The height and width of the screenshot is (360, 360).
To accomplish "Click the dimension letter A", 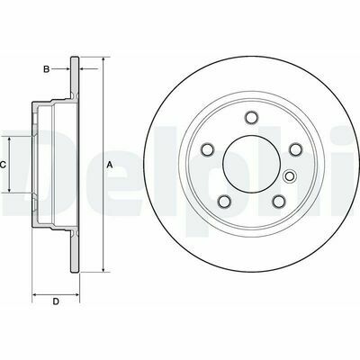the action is pyautogui.click(x=110, y=165).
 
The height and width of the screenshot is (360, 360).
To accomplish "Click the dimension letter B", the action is pyautogui.click(x=46, y=69).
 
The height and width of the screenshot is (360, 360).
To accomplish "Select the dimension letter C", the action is pyautogui.click(x=3, y=165).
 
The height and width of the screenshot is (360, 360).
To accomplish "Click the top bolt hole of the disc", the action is pyautogui.click(x=251, y=117).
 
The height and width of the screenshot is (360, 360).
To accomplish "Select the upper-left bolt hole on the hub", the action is pyautogui.click(x=207, y=149).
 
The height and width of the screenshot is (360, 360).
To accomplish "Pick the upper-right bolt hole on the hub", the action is pyautogui.click(x=295, y=149).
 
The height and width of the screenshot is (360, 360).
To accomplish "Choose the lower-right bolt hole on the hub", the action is pyautogui.click(x=279, y=202).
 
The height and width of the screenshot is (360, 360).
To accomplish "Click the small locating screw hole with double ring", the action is pyautogui.click(x=290, y=176).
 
